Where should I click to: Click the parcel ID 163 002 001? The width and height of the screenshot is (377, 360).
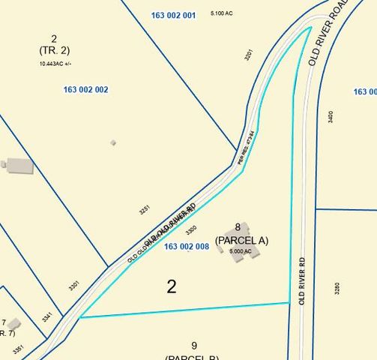pyautogui.click(x=173, y=15)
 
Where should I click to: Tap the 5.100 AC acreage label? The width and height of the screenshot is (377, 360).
pyautogui.click(x=222, y=13)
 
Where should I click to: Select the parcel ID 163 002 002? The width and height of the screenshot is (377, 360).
pyautogui.click(x=86, y=89)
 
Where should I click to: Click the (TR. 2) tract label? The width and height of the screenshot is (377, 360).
pyautogui.click(x=54, y=50)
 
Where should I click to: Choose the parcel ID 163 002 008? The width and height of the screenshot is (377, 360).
pyautogui.click(x=186, y=246)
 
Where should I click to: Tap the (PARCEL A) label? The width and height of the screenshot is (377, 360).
pyautogui.click(x=241, y=240)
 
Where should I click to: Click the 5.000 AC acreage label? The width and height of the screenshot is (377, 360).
pyautogui.click(x=241, y=251)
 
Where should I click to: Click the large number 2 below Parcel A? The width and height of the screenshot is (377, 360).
pyautogui.click(x=172, y=286)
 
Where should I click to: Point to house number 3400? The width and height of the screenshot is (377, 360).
pyautogui.click(x=331, y=118)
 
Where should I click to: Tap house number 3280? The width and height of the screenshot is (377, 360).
pyautogui.click(x=337, y=288)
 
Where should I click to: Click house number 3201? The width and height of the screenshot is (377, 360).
pyautogui.click(x=247, y=55)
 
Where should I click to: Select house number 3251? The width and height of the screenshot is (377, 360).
pyautogui.click(x=144, y=210)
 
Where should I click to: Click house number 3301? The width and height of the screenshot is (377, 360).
pyautogui.click(x=73, y=285)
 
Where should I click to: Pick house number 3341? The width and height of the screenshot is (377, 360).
pyautogui.click(x=47, y=317)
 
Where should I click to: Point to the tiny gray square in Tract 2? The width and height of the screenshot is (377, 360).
pyautogui.click(x=113, y=142)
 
